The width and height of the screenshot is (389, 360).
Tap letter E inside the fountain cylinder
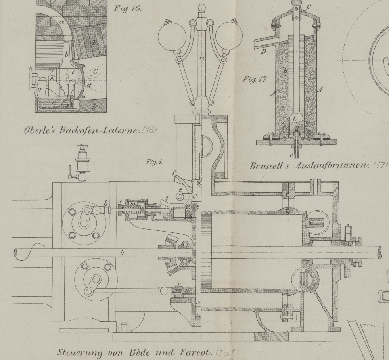click(x=294, y=118)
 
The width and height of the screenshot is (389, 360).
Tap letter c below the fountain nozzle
click(x=292, y=155)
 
